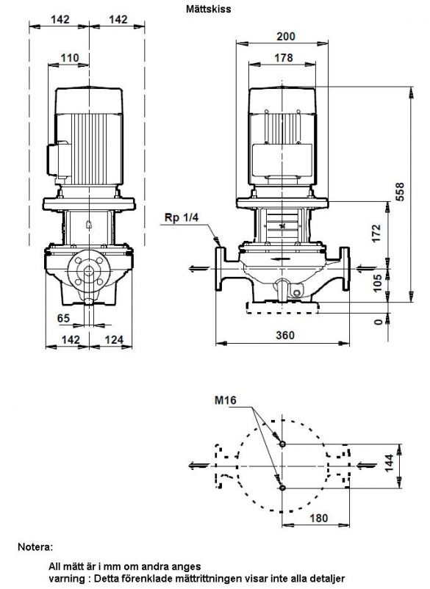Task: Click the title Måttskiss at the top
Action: [208, 9]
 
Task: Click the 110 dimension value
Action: [70, 58]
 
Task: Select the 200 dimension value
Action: [286, 37]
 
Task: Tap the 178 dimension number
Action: [284, 58]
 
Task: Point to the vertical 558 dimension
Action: [401, 192]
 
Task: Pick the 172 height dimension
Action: [376, 234]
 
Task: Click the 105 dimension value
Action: [378, 283]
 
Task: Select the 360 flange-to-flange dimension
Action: [285, 335]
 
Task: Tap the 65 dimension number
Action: [63, 318]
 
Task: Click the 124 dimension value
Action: [114, 339]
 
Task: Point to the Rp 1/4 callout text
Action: [181, 217]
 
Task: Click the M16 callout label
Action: [226, 400]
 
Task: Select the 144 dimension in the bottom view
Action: [389, 463]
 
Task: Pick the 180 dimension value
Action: [319, 518]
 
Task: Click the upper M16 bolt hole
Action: [283, 444]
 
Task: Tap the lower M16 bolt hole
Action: [283, 488]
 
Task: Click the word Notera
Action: [36, 547]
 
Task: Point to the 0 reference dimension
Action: [379, 322]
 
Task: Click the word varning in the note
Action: [64, 579]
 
